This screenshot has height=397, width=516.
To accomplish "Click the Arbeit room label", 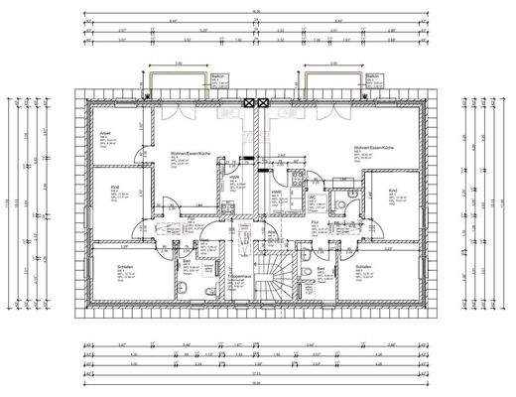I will (103, 133).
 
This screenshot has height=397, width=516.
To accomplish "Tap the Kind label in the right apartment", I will (393, 191).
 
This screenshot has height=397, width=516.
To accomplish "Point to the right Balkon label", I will (373, 76).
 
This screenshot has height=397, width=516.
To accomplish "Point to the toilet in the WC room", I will (340, 200).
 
